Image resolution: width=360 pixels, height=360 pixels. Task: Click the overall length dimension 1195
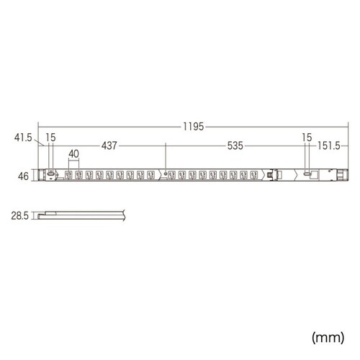point(194,126)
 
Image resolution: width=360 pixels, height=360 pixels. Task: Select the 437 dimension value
point(109,145)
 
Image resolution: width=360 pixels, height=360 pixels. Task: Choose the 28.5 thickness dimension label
point(20,215)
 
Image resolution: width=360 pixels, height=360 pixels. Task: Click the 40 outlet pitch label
point(74,153)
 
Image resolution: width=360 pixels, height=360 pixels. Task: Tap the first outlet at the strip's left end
point(70,174)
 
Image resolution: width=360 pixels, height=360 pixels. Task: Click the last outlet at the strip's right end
point(256,174)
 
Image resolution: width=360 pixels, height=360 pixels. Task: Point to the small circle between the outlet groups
point(166,174)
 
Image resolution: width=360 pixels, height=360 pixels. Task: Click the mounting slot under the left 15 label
point(50,174)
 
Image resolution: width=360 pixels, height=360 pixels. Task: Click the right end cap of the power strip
point(340,174)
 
